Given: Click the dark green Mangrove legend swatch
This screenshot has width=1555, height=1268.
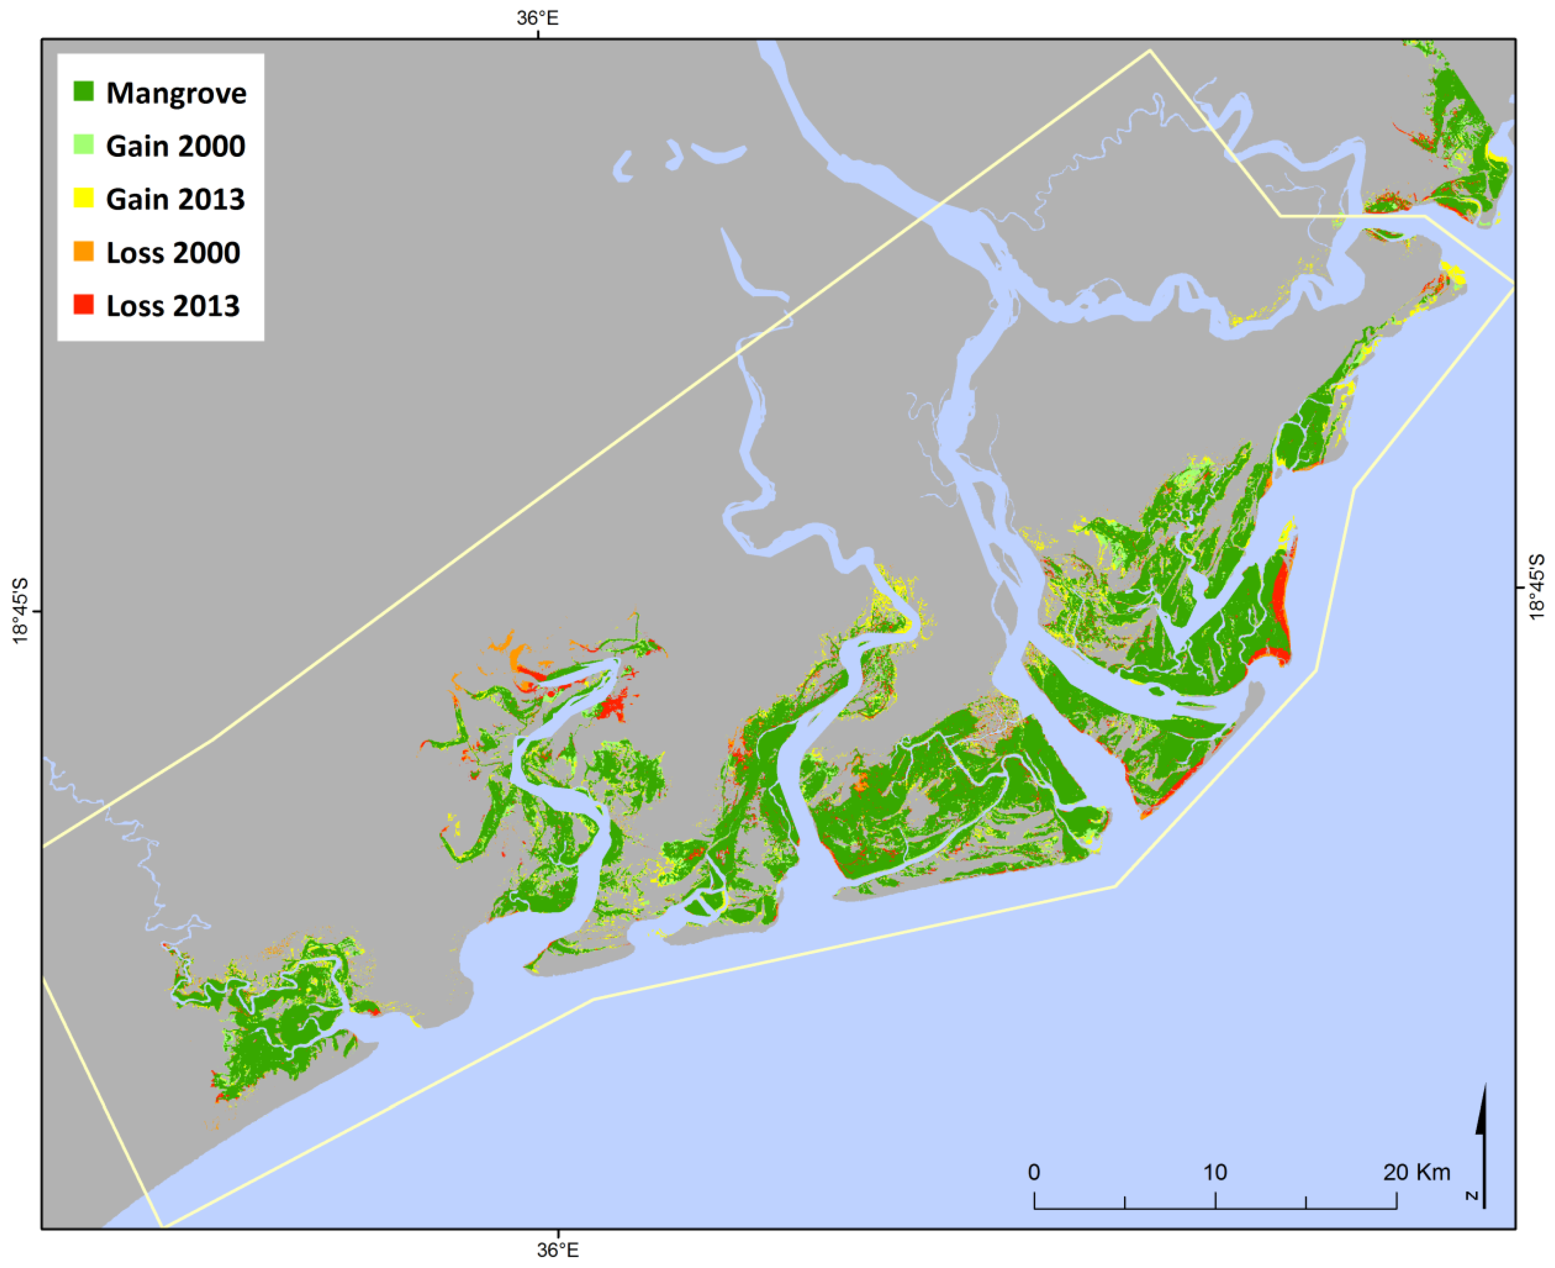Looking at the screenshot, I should point(83,92).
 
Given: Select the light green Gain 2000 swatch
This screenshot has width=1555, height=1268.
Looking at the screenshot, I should point(83,144).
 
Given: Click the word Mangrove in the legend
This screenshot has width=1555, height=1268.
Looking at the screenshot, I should point(176,93).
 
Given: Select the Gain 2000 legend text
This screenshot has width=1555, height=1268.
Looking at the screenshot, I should point(175,146).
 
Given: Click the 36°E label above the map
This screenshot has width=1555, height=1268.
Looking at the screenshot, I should point(538,18).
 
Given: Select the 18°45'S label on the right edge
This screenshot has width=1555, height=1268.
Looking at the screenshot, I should point(1537,586).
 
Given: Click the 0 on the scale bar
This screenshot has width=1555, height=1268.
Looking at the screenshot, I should point(1033,1172).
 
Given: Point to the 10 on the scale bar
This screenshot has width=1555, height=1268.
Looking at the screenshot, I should point(1214,1172).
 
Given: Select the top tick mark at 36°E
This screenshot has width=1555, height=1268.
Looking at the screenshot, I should point(539,34).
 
